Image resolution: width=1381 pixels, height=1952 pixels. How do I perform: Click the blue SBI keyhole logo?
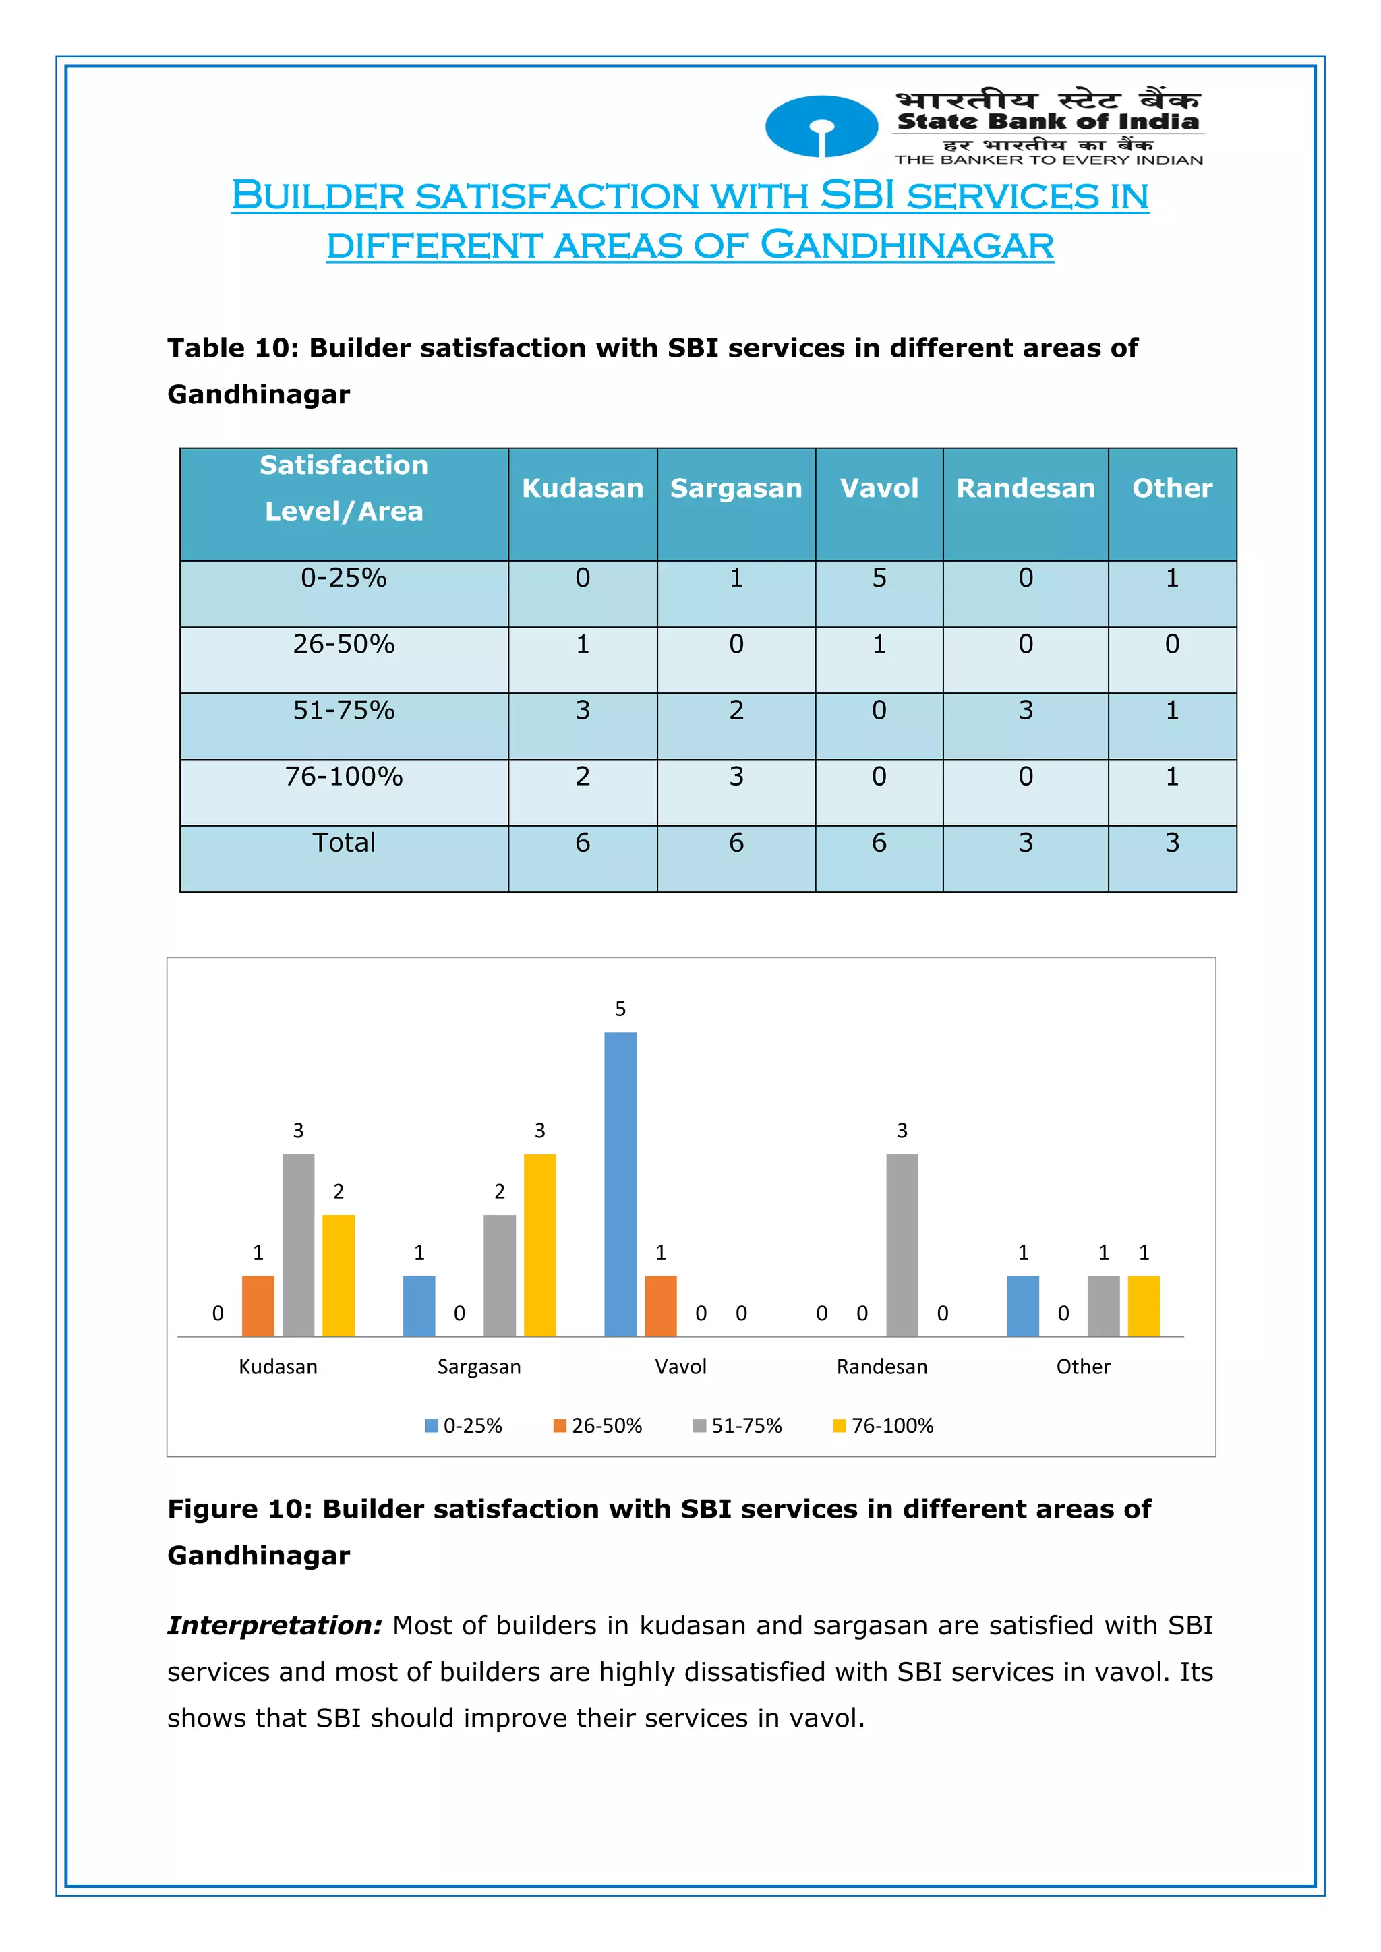pos(821,127)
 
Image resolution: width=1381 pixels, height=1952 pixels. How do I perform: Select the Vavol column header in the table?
pos(879,488)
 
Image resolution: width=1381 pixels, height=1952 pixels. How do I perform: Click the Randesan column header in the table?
pos(1025,488)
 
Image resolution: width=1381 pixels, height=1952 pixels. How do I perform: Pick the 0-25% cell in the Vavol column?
pos(879,578)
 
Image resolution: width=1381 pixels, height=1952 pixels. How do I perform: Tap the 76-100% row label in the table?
pos(343,776)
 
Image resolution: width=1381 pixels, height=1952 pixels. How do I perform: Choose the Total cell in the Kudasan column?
pos(583,843)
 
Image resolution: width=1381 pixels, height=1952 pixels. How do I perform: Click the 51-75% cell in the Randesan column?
pos(1026,710)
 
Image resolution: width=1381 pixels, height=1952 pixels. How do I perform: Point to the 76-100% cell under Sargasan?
pos(736,776)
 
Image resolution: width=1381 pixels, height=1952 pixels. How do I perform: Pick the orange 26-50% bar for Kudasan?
pos(258,1306)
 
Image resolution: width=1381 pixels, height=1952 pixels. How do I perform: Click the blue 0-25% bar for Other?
pos(1022,1306)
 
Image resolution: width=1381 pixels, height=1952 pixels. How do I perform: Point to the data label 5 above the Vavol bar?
pos(620,1009)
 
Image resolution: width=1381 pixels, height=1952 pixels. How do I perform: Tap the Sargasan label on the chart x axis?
pos(479,1367)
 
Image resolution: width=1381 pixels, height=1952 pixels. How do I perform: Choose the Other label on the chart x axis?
pos(1082,1367)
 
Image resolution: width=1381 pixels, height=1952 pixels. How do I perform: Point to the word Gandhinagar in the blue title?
pos(906,245)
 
